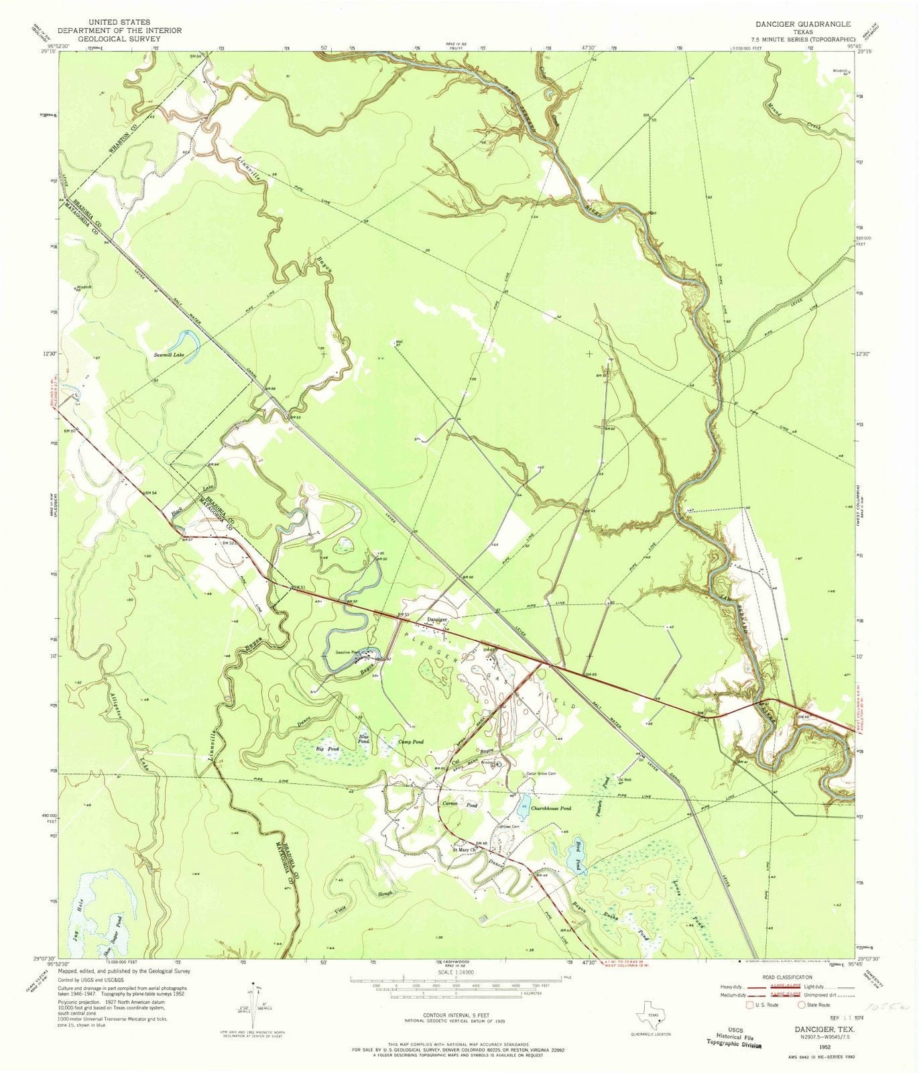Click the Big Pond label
328,748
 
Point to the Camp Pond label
411,742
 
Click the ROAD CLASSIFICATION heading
784,977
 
